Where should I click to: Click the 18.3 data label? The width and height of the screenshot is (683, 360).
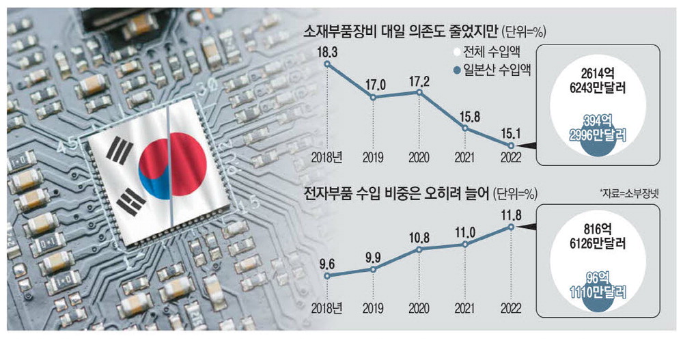pos(329,51)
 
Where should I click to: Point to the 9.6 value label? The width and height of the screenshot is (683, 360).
pos(329,262)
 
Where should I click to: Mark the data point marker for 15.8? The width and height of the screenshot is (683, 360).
pos(465,128)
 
